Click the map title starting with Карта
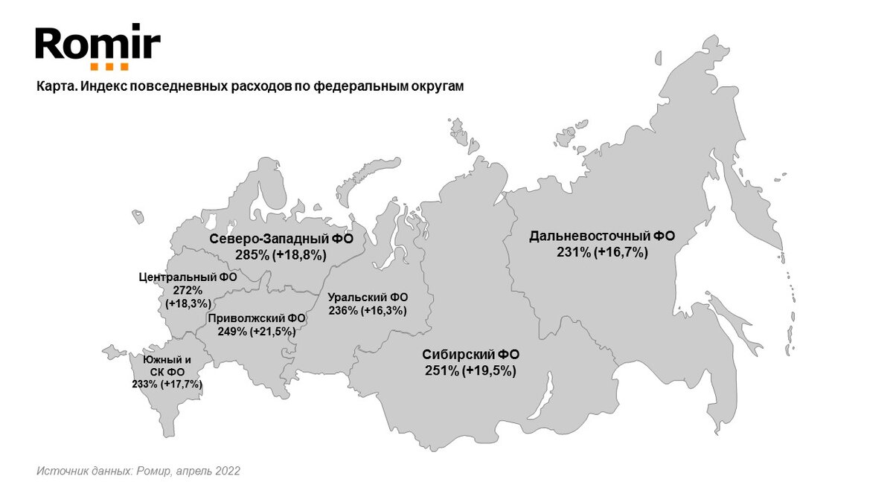[x=249, y=86]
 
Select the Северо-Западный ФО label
[x=281, y=239]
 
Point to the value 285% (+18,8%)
[x=281, y=254]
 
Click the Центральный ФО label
[x=188, y=277]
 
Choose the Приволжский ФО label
[x=257, y=318]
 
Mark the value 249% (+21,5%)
[x=257, y=332]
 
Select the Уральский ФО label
[x=368, y=297]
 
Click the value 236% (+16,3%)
[x=368, y=311]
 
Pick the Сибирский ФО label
[x=470, y=354]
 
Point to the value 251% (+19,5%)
[x=470, y=370]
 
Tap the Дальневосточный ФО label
[x=602, y=236]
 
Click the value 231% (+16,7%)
[x=602, y=253]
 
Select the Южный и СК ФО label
[x=167, y=365]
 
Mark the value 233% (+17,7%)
[x=167, y=384]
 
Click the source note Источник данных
[x=138, y=472]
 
